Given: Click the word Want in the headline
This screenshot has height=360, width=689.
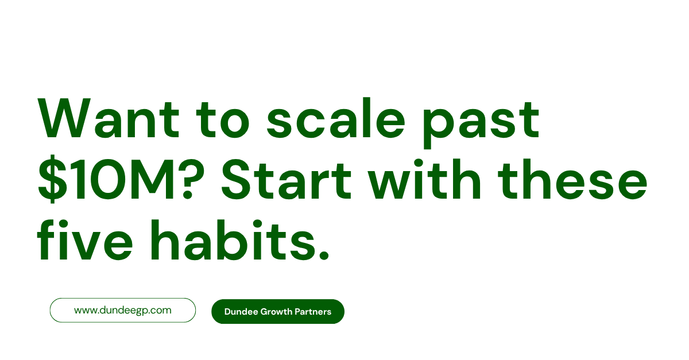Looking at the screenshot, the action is point(109,118).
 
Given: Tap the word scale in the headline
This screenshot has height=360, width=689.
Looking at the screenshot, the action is point(335,118).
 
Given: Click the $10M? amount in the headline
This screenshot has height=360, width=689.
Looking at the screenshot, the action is point(121,179).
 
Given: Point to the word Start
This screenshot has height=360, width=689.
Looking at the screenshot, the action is point(287,180).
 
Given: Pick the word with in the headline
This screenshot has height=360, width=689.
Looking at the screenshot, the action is point(424,179).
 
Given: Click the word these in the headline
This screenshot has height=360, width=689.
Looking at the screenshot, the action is point(572,179).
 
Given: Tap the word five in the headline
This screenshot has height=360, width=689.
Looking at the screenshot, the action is point(85,239).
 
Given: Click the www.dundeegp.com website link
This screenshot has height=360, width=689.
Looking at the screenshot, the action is point(123,310).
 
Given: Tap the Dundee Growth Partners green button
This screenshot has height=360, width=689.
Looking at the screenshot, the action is point(278,311).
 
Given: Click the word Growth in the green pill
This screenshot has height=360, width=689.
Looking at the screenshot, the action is point(276,312).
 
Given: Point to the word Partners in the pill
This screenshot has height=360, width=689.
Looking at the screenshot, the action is point(313,312).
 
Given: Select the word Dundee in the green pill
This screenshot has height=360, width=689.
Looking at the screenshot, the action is point(241,312).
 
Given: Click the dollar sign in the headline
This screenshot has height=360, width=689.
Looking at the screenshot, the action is point(52,179).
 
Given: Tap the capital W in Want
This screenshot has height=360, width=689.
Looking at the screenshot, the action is point(64,118).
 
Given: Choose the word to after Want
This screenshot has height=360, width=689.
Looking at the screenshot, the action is point(222,120).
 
